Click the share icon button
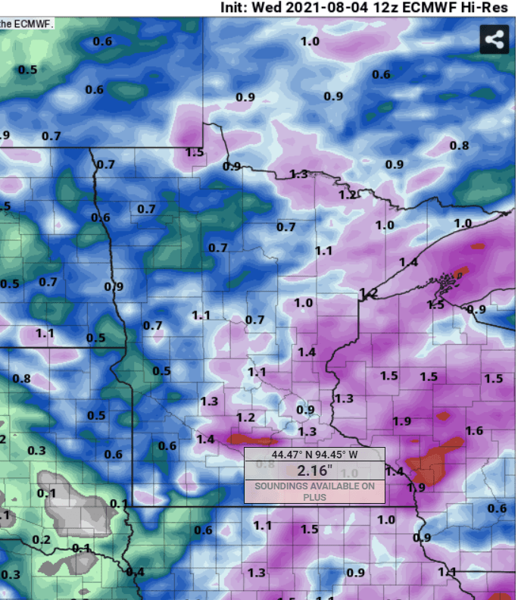pos(494,39)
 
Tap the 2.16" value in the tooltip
pos(314,470)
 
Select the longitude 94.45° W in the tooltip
pos(342,455)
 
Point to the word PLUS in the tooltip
pos(314,497)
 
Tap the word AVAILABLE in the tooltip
pos(335,486)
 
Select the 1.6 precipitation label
pos(474,430)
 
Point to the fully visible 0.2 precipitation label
pos(41,539)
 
